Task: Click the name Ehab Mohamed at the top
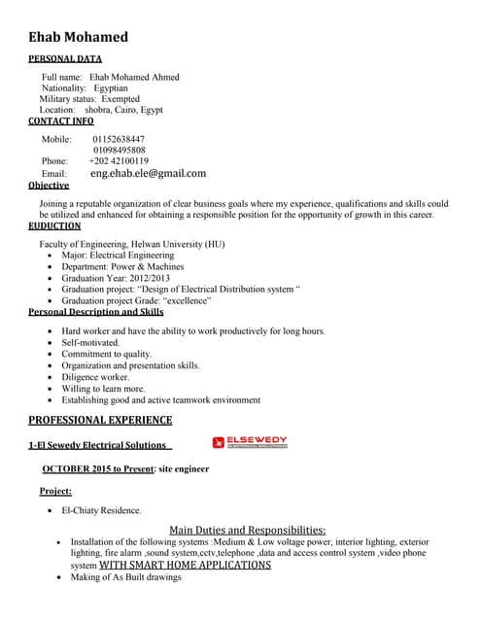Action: click(78, 37)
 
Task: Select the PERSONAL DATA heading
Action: click(65, 59)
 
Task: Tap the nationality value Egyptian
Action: click(110, 87)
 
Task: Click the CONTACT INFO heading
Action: click(61, 121)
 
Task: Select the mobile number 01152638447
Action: click(119, 139)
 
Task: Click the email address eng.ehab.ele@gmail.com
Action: click(148, 173)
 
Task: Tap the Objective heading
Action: click(49, 185)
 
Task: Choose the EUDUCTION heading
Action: click(54, 225)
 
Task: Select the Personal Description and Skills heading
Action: click(95, 312)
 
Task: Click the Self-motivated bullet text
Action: click(91, 343)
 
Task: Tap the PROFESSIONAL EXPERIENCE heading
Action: click(100, 420)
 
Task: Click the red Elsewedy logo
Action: click(250, 442)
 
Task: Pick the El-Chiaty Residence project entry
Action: click(101, 509)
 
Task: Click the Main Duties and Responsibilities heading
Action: click(248, 530)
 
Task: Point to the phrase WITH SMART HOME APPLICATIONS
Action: click(185, 565)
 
